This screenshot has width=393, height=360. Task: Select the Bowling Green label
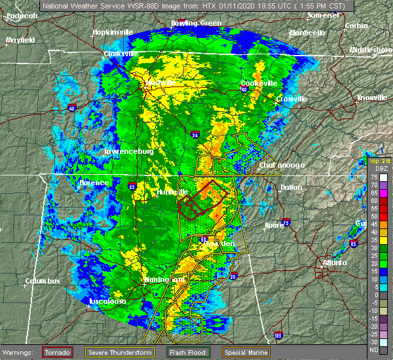pos(179,23)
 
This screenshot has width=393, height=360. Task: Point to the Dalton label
pos(291,187)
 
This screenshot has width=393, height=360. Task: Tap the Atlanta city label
pos(335,263)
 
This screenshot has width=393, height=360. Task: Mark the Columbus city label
pos(43,281)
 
